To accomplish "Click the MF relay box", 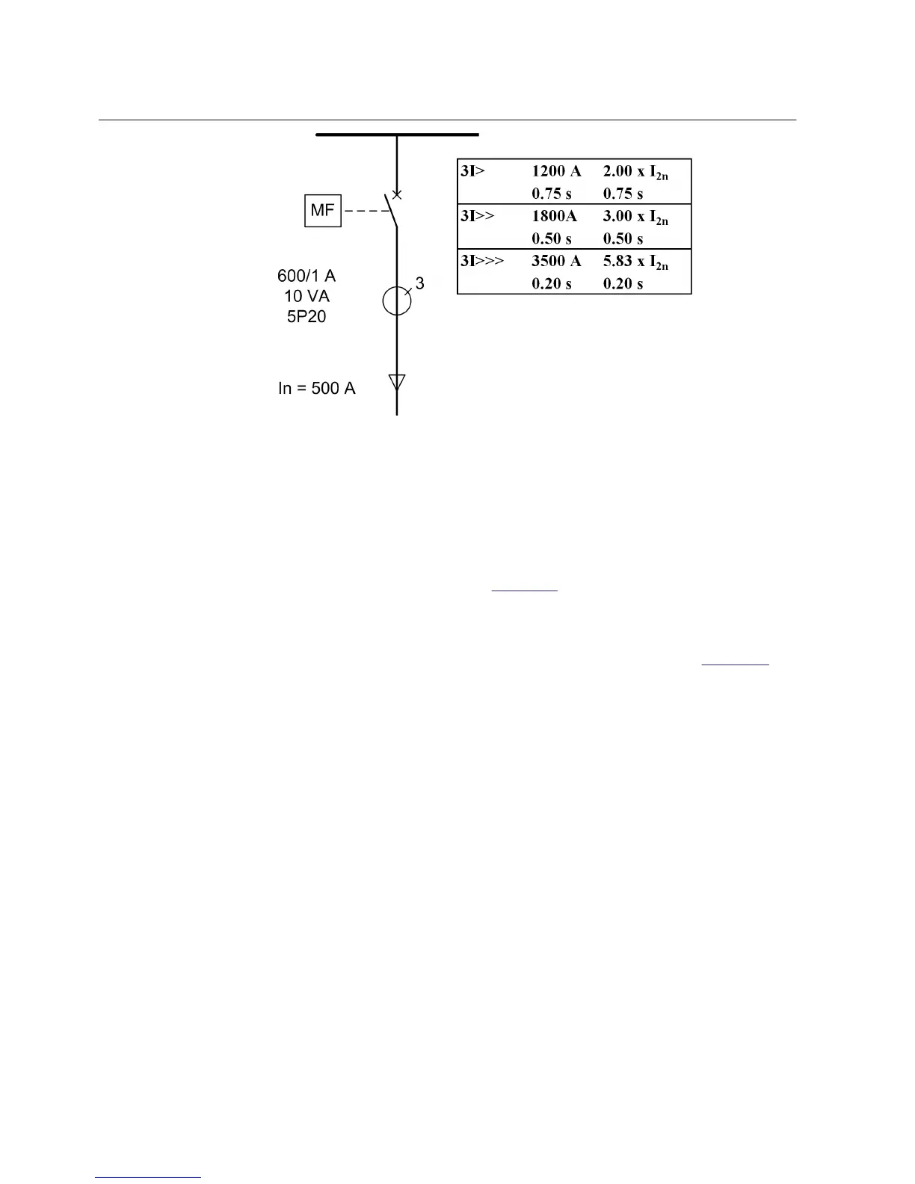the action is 322,210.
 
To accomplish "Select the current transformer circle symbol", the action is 397,300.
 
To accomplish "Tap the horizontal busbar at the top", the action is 397,135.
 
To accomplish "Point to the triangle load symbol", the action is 397,382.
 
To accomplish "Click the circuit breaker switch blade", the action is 391,211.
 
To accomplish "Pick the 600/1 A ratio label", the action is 306,277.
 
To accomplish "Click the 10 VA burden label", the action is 306,297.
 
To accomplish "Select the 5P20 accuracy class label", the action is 306,317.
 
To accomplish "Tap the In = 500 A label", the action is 317,389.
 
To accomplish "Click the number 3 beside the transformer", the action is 420,284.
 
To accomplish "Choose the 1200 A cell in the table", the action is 556,171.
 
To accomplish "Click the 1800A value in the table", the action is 554,216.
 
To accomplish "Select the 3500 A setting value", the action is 556,261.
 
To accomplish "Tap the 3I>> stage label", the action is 478,216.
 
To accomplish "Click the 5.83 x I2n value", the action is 635,262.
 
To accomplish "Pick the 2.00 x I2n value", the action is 635,172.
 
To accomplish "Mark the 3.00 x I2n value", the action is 635,217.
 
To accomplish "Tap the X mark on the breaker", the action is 397,195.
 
